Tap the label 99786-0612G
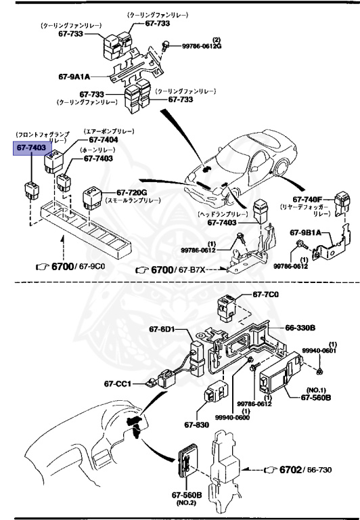click(202, 46)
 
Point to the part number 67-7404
click(98, 139)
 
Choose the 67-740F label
click(308, 200)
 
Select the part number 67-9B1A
click(305, 233)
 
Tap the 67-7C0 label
click(266, 295)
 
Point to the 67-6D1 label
click(162, 330)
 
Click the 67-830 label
click(196, 425)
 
